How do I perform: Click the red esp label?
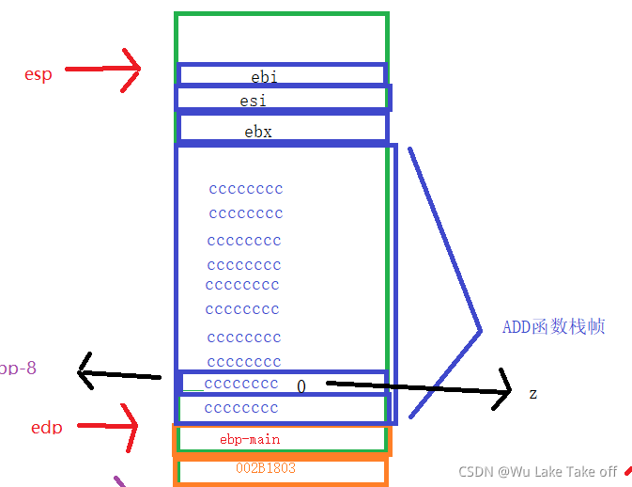click(x=39, y=74)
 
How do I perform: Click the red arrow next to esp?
click(x=102, y=69)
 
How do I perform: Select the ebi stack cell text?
click(x=264, y=76)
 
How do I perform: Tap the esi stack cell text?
click(x=253, y=100)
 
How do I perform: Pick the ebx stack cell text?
click(x=258, y=132)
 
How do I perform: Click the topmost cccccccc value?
click(x=246, y=188)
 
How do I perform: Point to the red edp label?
click(x=47, y=428)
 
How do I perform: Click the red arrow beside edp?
click(x=107, y=428)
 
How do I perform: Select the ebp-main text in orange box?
click(x=250, y=439)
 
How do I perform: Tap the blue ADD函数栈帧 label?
click(x=553, y=326)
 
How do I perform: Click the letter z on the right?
click(x=533, y=393)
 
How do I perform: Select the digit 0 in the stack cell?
click(x=301, y=386)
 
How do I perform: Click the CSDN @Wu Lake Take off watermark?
click(x=537, y=471)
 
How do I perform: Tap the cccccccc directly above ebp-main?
click(x=241, y=408)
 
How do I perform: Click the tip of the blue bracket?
click(x=477, y=327)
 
